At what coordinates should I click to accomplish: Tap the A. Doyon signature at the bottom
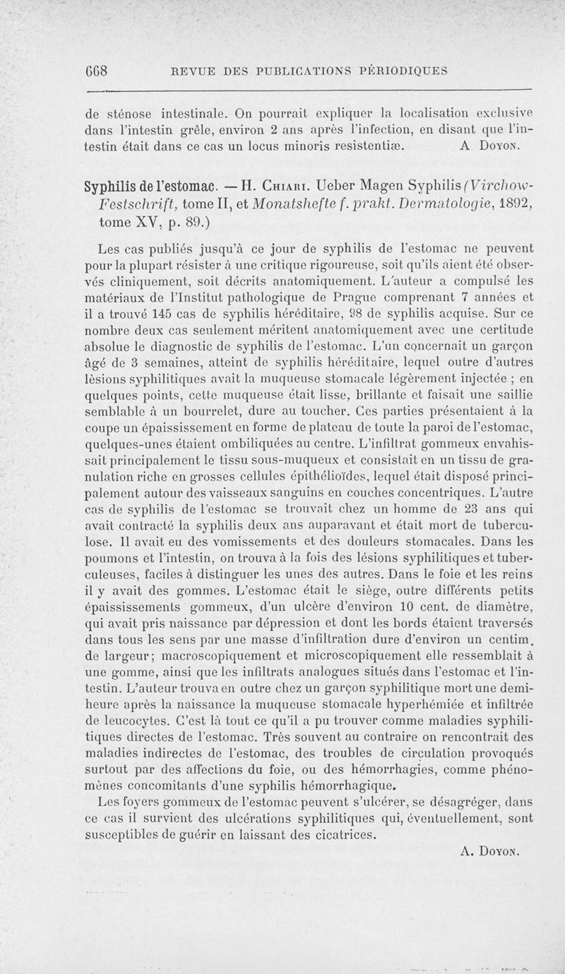[x=489, y=852]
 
